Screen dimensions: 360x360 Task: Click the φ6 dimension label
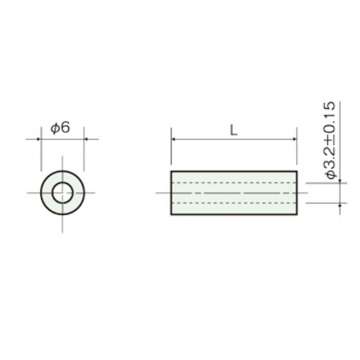(x=60, y=128)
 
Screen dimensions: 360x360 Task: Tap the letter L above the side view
(x=234, y=131)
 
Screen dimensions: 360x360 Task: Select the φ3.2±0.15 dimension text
(x=331, y=140)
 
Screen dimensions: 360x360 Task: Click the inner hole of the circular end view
(x=62, y=193)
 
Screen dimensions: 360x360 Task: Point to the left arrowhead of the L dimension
(x=173, y=139)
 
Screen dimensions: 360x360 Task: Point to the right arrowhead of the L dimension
(x=295, y=139)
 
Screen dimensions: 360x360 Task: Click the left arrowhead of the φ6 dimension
(x=39, y=139)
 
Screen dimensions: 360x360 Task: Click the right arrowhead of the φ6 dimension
(x=86, y=139)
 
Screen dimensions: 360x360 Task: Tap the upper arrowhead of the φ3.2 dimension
(x=340, y=181)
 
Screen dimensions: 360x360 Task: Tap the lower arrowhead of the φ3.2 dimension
(x=340, y=206)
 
